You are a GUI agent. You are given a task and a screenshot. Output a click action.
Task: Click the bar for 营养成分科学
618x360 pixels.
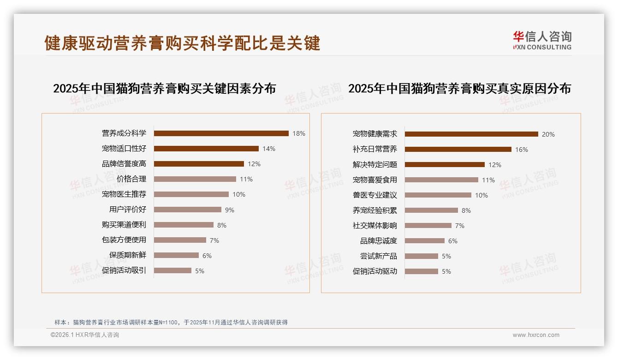[x=221, y=133]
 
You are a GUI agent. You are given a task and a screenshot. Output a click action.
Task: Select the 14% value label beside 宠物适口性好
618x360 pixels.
[x=268, y=149]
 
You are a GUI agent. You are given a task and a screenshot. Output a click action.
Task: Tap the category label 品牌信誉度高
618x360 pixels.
[x=124, y=164]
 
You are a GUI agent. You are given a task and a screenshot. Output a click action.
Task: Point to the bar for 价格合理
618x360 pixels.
[x=195, y=179]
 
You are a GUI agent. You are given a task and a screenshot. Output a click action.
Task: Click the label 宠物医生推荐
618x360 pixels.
[x=124, y=194]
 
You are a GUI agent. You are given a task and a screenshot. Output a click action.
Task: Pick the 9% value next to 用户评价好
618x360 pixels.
[x=229, y=210]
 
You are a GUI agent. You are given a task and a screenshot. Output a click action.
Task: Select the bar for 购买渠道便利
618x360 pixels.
[x=184, y=225]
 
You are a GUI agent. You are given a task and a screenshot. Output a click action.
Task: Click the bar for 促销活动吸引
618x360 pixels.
[x=172, y=270]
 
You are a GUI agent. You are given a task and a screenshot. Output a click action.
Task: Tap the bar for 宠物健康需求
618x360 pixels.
[x=471, y=134]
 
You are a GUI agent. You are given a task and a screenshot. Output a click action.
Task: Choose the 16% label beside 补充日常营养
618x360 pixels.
[x=521, y=150]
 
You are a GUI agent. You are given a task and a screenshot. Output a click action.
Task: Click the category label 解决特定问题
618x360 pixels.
[x=374, y=165]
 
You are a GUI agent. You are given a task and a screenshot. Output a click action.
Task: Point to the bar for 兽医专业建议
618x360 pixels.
[x=438, y=195]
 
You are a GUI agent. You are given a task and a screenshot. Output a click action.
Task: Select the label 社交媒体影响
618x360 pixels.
[x=374, y=226]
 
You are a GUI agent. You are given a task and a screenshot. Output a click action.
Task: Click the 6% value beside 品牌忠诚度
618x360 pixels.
[x=452, y=241]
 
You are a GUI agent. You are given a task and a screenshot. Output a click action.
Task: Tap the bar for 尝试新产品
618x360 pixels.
[x=421, y=256]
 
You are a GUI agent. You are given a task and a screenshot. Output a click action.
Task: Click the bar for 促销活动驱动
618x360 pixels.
[x=421, y=271]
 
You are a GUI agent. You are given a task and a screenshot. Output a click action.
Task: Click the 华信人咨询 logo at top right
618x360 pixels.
[x=542, y=41]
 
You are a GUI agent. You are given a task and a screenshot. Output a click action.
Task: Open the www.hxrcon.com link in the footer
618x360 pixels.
[x=536, y=335]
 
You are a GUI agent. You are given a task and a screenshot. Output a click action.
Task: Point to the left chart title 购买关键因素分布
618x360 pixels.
[x=164, y=88]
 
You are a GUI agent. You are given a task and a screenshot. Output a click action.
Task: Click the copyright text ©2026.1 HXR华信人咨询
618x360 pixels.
[x=84, y=335]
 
